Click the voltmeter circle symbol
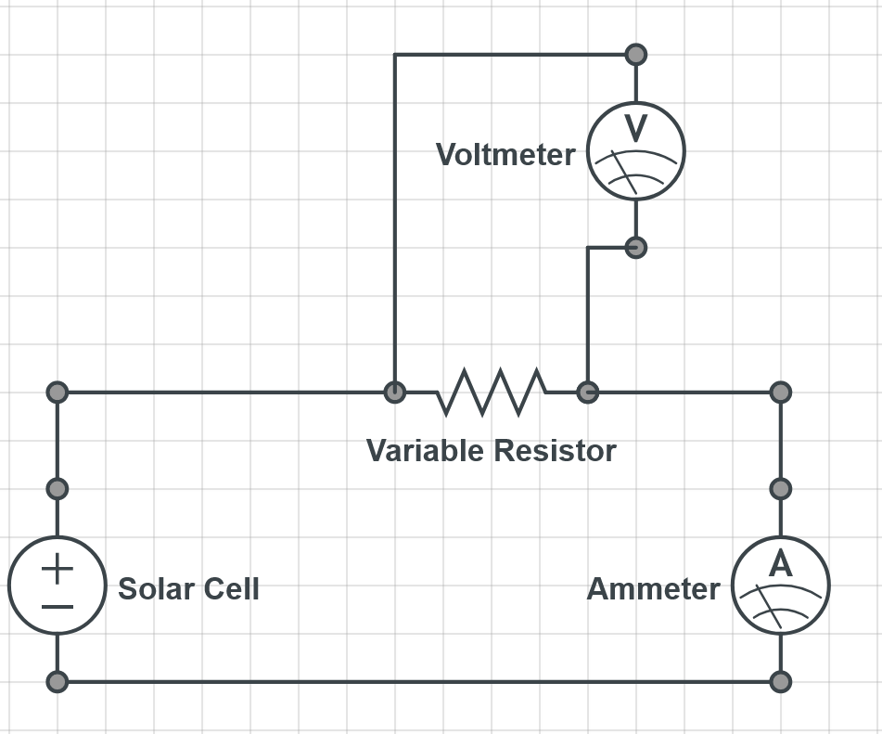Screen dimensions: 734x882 pos(636,151)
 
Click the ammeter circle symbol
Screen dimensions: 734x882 pos(781,586)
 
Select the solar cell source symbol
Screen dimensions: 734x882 pos(58,586)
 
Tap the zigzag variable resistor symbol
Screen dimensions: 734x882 pos(491,392)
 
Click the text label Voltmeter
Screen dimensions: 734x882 pos(505,154)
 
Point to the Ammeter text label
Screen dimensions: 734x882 pos(653,589)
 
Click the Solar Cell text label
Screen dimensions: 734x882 pos(188,589)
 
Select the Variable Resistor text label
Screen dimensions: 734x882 pos(491,451)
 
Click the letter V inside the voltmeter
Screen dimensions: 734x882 pos(635,127)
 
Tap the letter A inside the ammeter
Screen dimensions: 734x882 pos(781,563)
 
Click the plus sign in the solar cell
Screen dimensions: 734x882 pos(58,568)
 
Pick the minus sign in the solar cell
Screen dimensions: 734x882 pos(58,607)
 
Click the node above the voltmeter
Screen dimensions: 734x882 pos(636,55)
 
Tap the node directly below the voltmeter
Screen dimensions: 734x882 pos(636,247)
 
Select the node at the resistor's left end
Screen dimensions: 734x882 pos(395,392)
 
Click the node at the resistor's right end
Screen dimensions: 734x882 pos(587,392)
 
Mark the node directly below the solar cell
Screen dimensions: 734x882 pos(58,682)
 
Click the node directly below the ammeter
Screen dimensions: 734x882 pos(781,682)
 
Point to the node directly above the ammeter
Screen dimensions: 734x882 pos(781,488)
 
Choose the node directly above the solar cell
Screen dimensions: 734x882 pos(58,488)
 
